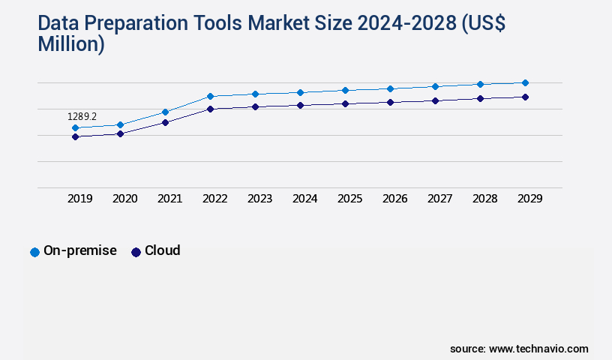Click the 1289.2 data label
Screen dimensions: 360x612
[82, 117]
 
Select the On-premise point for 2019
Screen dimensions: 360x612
[75, 128]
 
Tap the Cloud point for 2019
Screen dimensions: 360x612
[75, 136]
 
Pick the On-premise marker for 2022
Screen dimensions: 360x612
[210, 96]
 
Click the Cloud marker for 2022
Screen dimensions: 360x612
[210, 109]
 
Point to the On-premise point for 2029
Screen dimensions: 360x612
[525, 82]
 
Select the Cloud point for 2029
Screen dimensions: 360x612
[525, 97]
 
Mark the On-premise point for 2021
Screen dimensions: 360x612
[165, 112]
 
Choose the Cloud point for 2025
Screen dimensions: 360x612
[345, 103]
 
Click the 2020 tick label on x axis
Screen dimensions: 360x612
[124, 199]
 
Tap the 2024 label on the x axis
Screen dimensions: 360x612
[304, 199]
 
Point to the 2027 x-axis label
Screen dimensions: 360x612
[439, 199]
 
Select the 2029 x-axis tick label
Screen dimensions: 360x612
[529, 199]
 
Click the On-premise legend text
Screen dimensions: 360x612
[80, 250]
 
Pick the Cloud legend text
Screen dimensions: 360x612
[162, 250]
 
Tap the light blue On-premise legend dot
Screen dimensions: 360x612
[34, 252]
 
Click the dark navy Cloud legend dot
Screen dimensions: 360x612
[136, 252]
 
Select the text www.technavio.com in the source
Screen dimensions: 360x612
[538, 349]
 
